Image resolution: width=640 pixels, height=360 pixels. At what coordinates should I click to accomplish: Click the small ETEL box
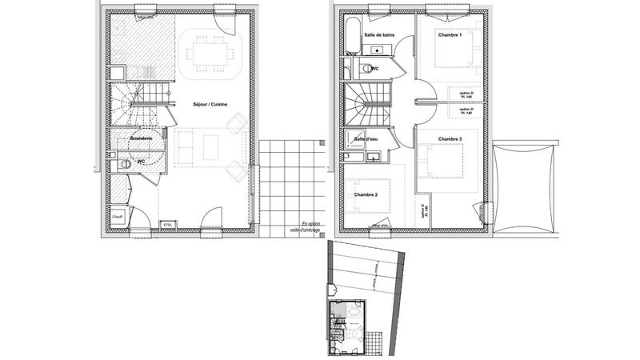[x=167, y=225]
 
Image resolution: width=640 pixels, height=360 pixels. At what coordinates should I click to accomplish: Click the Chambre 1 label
[x=450, y=34]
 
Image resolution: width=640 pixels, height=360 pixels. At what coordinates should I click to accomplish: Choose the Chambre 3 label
[x=450, y=138]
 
